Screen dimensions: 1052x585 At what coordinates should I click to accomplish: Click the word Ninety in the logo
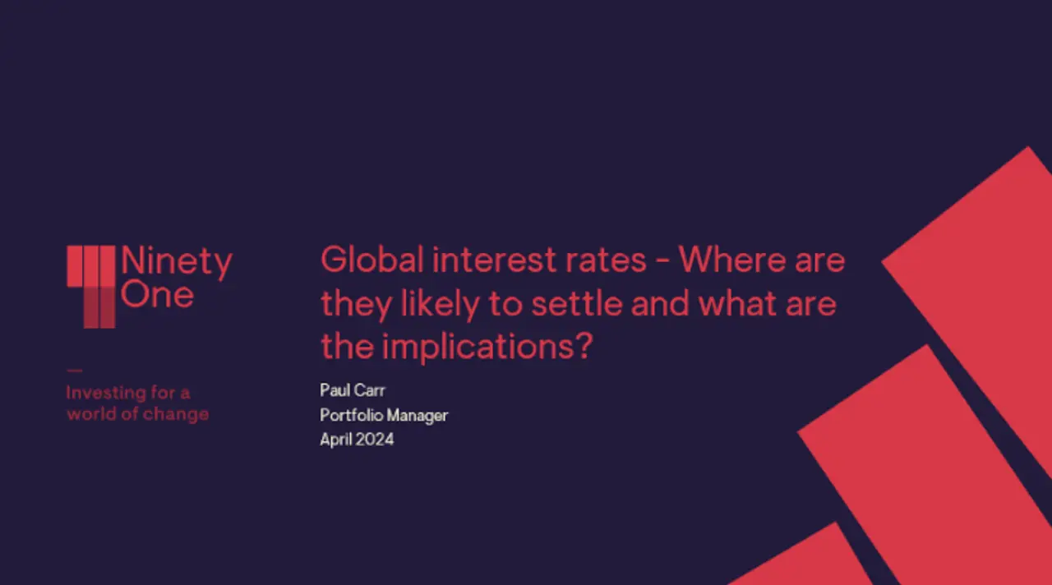tap(177, 262)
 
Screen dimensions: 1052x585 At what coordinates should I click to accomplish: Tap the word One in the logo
tap(157, 294)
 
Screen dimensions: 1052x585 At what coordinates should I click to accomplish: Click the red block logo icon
tap(91, 287)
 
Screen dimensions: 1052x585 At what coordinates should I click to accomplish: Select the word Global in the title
tap(372, 260)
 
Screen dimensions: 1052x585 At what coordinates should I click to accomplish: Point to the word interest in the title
tap(494, 260)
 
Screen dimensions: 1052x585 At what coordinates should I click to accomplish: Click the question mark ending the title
tap(584, 346)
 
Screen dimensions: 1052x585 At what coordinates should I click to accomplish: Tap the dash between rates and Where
tap(662, 262)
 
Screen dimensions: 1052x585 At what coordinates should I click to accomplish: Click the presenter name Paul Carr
tap(353, 390)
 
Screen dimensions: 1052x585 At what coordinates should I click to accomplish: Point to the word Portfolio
tap(351, 415)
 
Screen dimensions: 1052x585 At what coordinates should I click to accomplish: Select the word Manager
tap(418, 416)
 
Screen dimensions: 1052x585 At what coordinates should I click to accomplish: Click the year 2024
tap(374, 440)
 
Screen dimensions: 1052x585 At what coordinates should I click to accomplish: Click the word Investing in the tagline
tap(107, 393)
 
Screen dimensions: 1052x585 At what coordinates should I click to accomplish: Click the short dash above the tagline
tap(75, 371)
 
